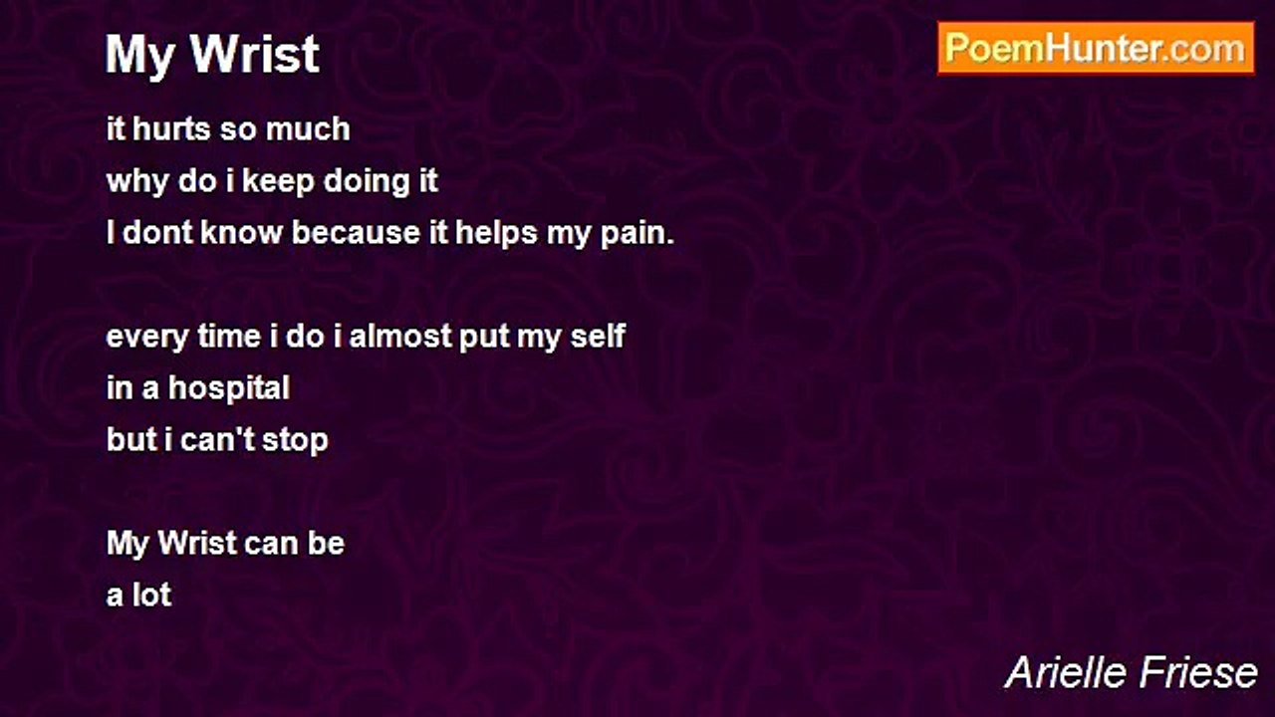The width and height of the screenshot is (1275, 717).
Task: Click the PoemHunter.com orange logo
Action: (1096, 49)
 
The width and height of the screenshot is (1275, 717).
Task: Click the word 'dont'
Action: (157, 233)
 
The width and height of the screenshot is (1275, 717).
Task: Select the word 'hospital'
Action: (229, 389)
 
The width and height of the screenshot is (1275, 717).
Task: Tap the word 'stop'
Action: (295, 441)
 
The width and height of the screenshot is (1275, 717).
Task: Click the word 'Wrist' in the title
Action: (255, 55)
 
